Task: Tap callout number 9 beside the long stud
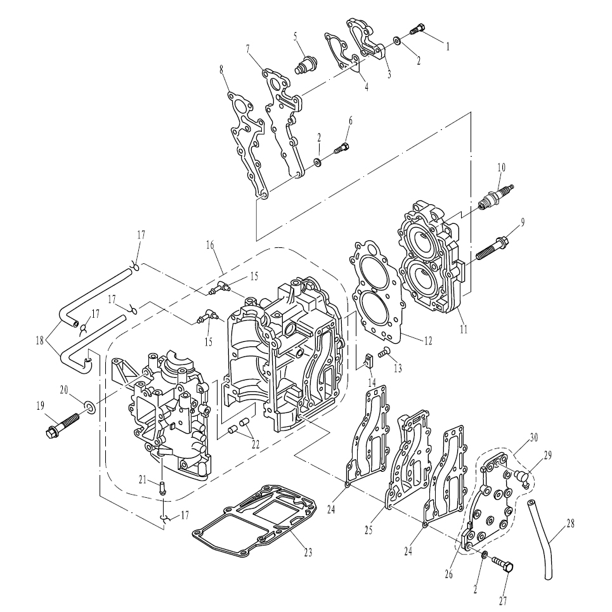tap(523, 223)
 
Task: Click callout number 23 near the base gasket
tap(308, 552)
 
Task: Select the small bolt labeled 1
tap(418, 29)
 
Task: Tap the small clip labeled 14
tap(368, 362)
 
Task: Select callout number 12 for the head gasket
tap(428, 341)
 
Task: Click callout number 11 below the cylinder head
tap(464, 329)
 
